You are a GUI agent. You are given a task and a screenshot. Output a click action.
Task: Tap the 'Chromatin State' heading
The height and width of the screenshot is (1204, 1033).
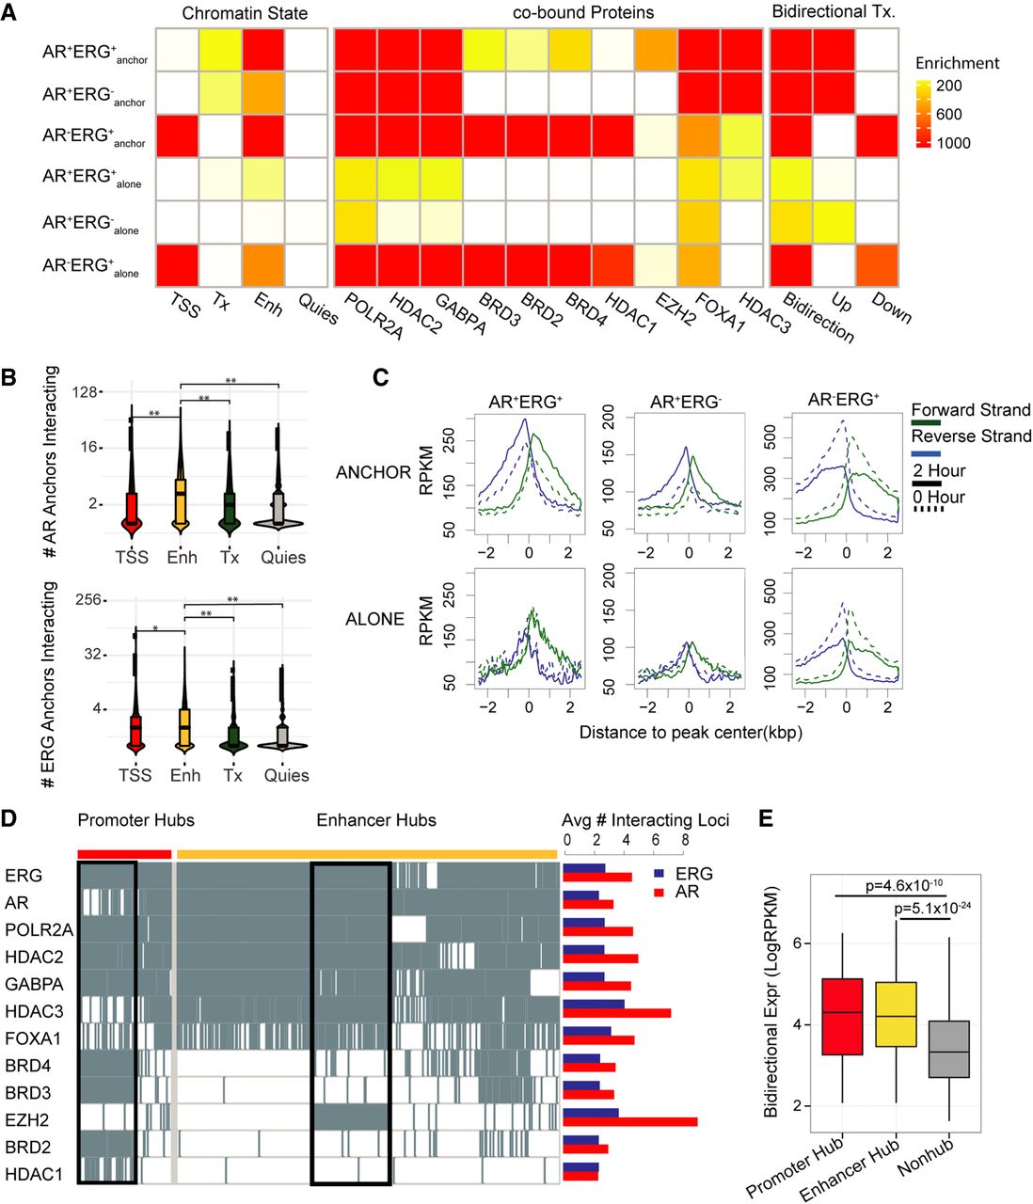coord(245,13)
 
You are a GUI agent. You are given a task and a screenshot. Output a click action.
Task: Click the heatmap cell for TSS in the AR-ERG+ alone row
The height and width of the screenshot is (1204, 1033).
coord(176,265)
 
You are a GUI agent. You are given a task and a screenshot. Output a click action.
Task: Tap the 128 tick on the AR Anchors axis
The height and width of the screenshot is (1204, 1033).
coord(86,391)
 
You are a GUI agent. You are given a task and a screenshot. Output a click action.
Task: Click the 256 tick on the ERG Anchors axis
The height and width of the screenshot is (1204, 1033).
coord(88,599)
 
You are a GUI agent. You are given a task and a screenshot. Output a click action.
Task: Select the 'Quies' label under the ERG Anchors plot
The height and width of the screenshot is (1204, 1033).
coord(286,776)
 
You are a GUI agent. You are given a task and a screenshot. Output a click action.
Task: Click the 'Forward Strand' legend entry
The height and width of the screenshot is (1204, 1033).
coord(970,410)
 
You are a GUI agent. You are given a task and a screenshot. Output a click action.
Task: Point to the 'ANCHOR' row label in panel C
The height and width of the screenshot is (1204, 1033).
coord(373,472)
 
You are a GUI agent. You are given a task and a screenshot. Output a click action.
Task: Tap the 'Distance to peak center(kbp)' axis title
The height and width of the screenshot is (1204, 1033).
coord(691,732)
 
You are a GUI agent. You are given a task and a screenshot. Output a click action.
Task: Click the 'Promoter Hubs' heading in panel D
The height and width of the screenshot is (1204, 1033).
coord(135,820)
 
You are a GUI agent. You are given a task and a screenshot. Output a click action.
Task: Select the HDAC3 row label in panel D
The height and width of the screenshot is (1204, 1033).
coord(34,1011)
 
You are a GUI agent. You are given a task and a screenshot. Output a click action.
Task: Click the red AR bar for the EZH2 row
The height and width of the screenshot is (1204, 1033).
coord(629,1121)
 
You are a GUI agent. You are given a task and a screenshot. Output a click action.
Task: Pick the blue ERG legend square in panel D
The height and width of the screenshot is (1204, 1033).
coord(659,874)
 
